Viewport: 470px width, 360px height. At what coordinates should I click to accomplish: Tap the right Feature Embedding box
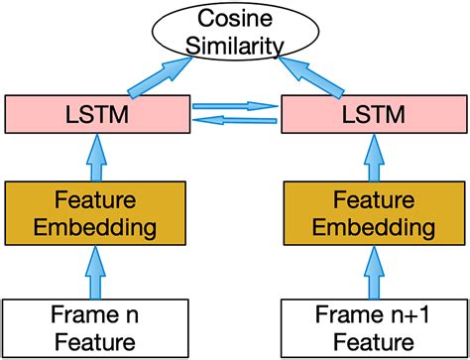[x=375, y=213]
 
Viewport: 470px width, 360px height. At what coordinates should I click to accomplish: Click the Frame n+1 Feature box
[x=375, y=327]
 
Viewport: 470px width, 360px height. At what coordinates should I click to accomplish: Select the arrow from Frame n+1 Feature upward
[x=375, y=270]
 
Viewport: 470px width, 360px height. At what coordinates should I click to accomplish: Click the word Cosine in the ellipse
[x=234, y=19]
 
